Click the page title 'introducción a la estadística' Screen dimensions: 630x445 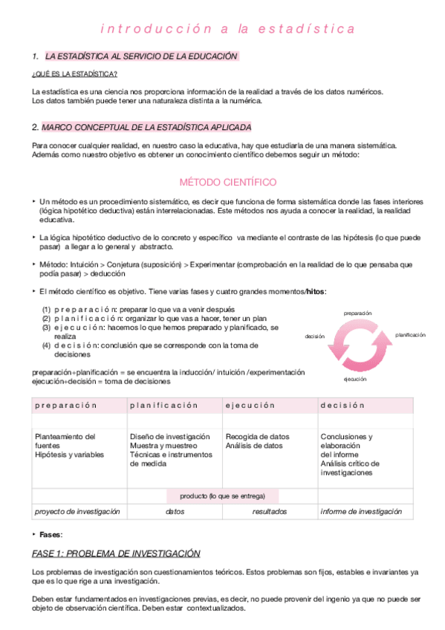[x=227, y=30]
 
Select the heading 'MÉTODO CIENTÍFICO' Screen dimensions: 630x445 [x=228, y=182]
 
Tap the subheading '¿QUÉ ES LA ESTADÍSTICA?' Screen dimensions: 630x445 [x=74, y=74]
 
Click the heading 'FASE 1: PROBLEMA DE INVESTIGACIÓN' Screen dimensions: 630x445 [x=117, y=553]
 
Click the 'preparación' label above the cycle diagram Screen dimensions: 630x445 [x=357, y=314]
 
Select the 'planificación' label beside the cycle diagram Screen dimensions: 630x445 [x=410, y=335]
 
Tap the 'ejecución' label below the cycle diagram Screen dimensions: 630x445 [x=355, y=379]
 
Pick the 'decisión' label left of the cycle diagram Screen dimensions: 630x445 [x=314, y=336]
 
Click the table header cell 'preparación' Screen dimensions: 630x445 [x=66, y=405]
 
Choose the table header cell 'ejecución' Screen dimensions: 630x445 [x=250, y=405]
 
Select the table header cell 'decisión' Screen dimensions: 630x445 [x=342, y=405]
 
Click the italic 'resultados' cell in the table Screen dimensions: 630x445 [x=269, y=511]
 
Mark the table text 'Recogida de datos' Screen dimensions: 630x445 [x=257, y=436]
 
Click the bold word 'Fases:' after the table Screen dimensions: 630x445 [x=51, y=534]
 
